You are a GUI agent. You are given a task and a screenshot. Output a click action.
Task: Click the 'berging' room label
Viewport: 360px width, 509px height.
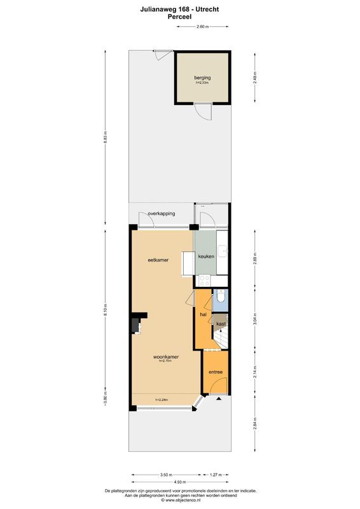pyautogui.click(x=202, y=78)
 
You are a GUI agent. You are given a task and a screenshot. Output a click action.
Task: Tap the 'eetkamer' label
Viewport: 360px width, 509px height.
pyautogui.click(x=158, y=260)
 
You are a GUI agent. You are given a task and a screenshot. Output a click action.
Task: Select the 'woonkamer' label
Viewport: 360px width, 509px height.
pyautogui.click(x=165, y=357)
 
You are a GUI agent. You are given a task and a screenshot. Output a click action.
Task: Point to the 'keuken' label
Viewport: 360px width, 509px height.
pyautogui.click(x=205, y=256)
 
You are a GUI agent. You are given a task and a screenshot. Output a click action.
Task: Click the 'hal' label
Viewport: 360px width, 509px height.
pyautogui.click(x=203, y=314)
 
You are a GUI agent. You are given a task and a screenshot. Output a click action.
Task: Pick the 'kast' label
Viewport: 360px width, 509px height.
pyautogui.click(x=221, y=324)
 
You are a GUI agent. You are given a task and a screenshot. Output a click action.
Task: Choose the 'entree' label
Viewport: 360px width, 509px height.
pyautogui.click(x=215, y=372)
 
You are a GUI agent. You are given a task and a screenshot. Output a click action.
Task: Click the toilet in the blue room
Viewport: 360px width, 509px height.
pyautogui.click(x=219, y=296)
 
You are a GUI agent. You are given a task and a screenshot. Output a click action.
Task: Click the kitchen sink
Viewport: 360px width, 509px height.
pyautogui.click(x=223, y=250)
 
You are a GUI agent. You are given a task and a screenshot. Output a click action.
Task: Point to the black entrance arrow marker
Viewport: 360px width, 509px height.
pyautogui.click(x=219, y=399)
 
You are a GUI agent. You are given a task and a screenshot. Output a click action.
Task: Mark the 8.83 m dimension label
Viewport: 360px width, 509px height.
pyautogui.click(x=106, y=138)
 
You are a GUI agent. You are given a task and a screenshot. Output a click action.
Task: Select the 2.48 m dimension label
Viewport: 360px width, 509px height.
pyautogui.click(x=254, y=77)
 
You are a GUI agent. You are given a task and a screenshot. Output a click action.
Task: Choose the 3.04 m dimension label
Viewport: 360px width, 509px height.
pyautogui.click(x=254, y=319)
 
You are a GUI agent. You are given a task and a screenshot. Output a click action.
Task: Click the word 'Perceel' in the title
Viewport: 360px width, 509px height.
pyautogui.click(x=180, y=17)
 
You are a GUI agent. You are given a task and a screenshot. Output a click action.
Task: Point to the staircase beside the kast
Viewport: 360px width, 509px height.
pyautogui.click(x=221, y=340)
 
